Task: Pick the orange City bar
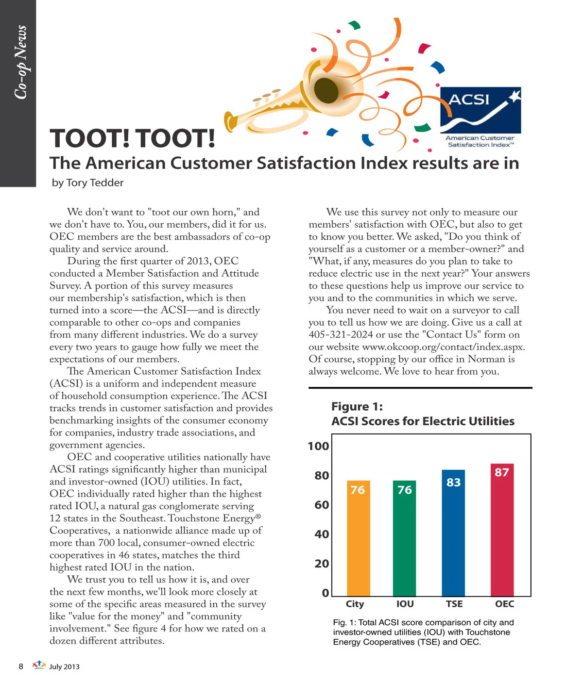(x=358, y=538)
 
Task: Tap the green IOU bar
(x=404, y=538)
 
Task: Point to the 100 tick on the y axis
(x=318, y=446)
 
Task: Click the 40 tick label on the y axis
(x=321, y=534)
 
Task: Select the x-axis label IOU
(x=405, y=604)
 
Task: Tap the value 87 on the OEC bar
(x=502, y=472)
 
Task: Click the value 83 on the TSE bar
(x=453, y=483)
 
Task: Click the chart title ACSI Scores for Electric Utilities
(x=423, y=421)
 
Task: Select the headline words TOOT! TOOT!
(x=132, y=138)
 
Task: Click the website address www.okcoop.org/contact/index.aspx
(x=444, y=347)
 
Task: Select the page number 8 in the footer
(x=21, y=666)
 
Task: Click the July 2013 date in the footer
(x=64, y=666)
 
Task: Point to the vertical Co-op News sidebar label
(x=20, y=62)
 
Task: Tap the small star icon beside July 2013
(x=39, y=665)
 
